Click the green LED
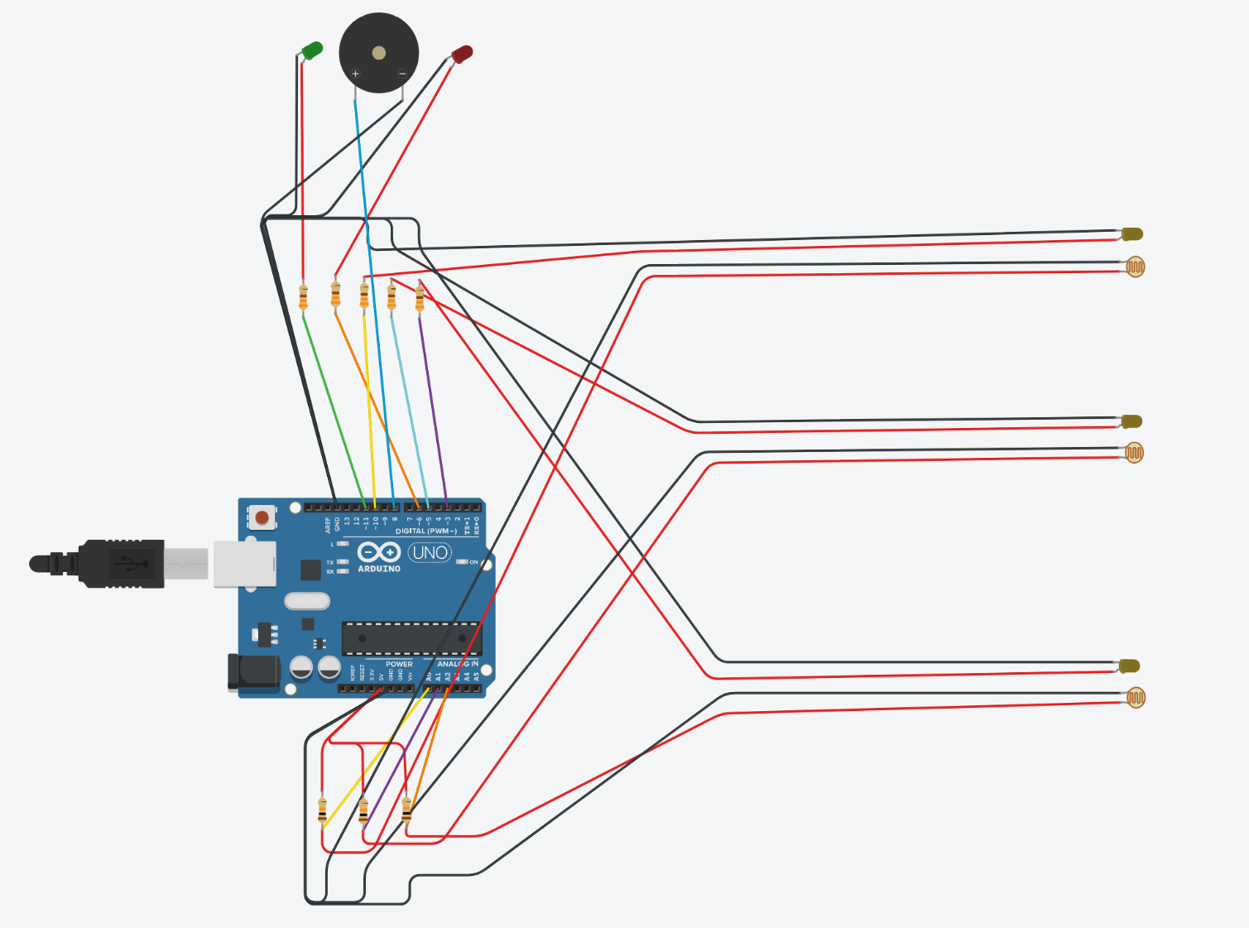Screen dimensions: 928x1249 312,50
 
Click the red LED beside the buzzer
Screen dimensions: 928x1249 462,55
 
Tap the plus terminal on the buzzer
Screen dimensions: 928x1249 356,74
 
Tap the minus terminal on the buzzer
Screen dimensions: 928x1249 402,74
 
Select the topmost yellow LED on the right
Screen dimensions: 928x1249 1133,234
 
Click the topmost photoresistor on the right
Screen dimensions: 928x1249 1136,267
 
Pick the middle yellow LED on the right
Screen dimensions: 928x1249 1132,421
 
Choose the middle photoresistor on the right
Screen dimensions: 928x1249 1134,452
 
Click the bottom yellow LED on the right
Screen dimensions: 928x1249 1131,666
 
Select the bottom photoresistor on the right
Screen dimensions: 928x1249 1136,698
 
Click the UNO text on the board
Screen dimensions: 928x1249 430,552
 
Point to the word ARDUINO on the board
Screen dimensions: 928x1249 379,569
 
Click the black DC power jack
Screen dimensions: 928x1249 254,671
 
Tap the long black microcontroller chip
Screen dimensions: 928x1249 411,638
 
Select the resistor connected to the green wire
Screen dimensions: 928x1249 303,296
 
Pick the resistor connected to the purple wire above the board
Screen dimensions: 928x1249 420,296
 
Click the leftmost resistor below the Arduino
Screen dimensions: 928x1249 322,810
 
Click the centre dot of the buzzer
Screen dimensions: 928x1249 379,53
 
